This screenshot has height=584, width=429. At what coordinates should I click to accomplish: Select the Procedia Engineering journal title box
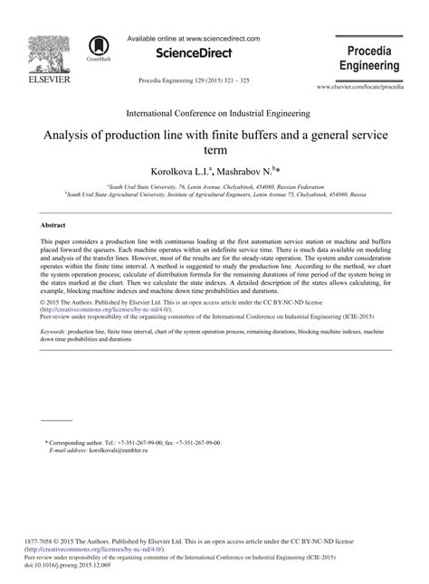pyautogui.click(x=369, y=57)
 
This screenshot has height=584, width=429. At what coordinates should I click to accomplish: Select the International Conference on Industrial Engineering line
pyautogui.click(x=214, y=115)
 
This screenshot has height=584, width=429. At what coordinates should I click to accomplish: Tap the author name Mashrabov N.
pyautogui.click(x=251, y=170)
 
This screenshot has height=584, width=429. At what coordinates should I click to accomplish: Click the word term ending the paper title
pyautogui.click(x=214, y=151)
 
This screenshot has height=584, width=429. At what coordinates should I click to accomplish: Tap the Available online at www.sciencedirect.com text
pyautogui.click(x=195, y=39)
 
